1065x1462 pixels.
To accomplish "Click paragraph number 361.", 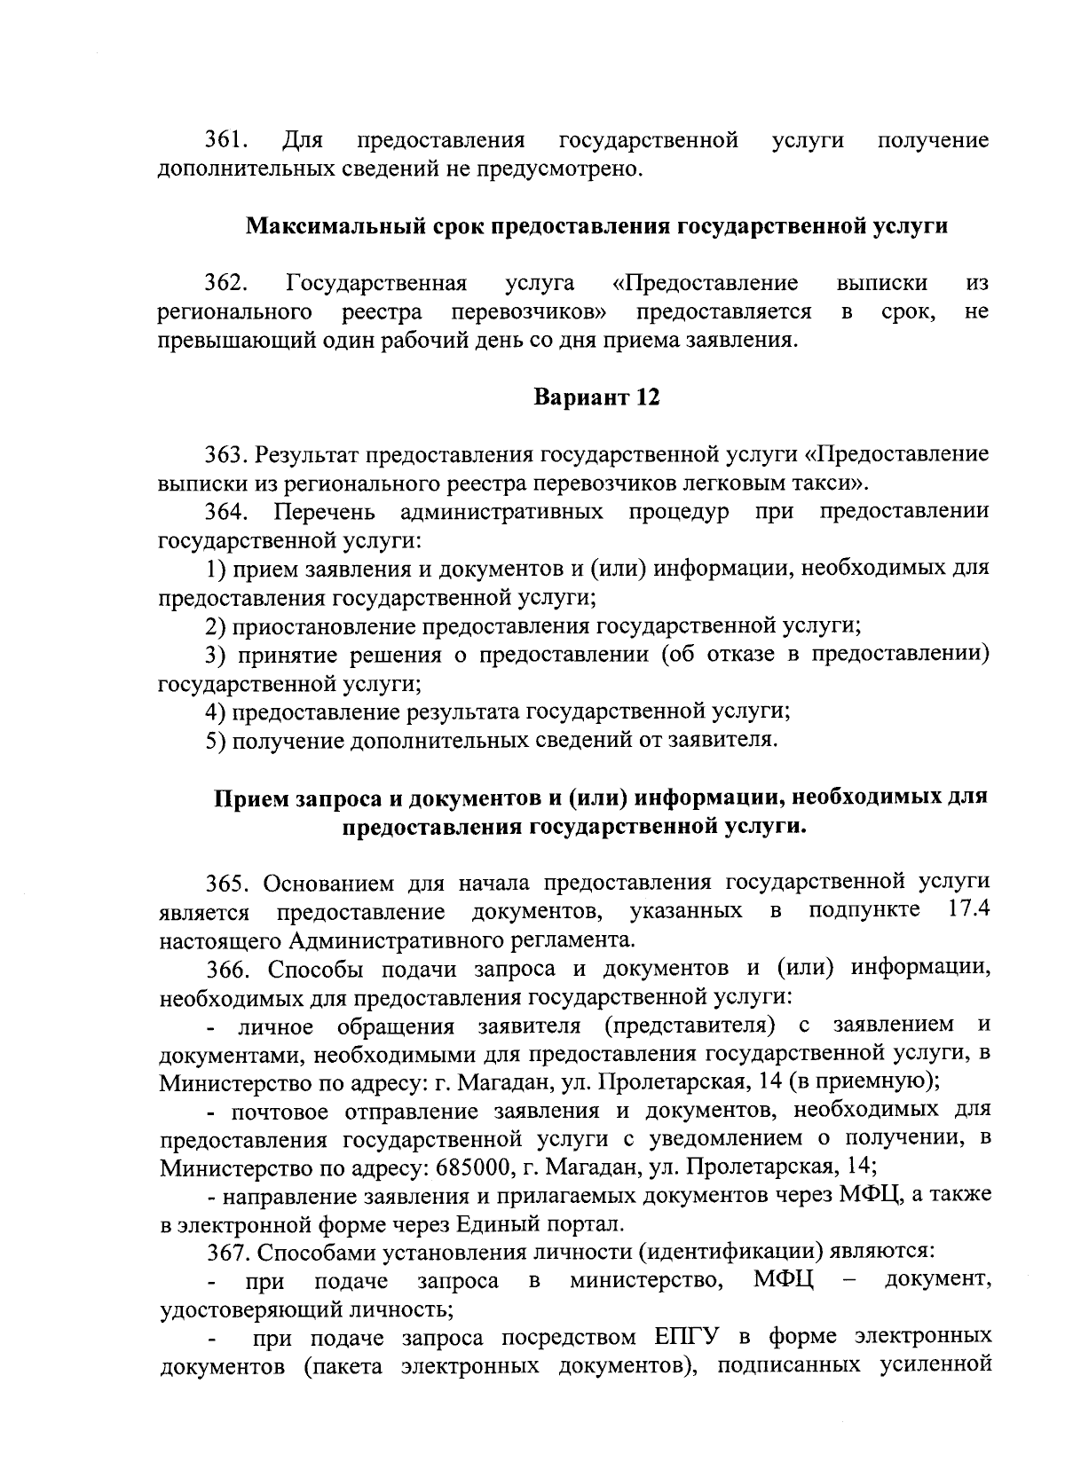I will (x=225, y=140).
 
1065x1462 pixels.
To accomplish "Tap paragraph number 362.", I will (x=226, y=283).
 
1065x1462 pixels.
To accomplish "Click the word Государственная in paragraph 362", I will (x=377, y=283).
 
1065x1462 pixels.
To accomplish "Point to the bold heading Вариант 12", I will (x=596, y=397).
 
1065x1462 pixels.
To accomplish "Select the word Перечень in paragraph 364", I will (x=325, y=512).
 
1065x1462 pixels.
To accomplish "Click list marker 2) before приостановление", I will (x=216, y=627).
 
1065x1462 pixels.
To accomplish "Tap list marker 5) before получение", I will (x=216, y=740).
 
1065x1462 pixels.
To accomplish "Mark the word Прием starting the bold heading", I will (x=249, y=798).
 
